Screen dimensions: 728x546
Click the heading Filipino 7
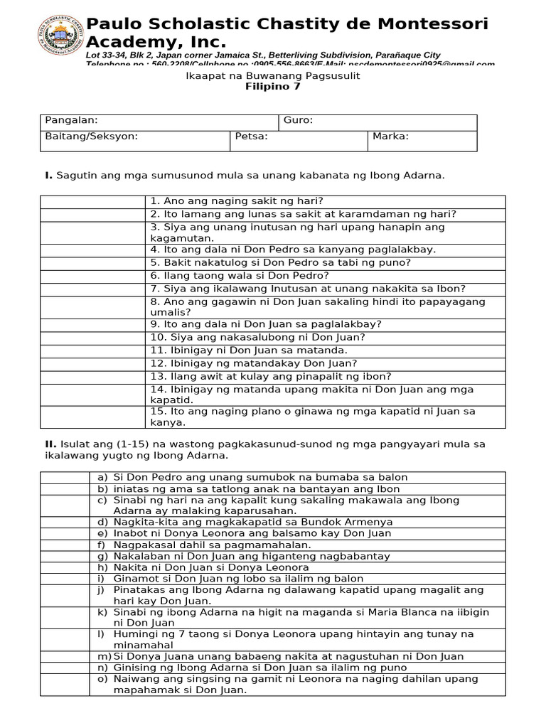(x=272, y=87)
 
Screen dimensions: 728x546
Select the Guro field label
(x=298, y=121)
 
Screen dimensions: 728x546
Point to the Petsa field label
(x=251, y=136)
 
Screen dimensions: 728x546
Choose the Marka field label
(x=390, y=136)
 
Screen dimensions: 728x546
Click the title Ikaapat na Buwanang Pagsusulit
(x=272, y=75)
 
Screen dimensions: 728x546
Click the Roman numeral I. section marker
(x=48, y=176)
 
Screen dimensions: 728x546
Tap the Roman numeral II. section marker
(x=50, y=444)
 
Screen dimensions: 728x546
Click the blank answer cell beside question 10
(x=92, y=337)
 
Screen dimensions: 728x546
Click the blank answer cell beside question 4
(x=92, y=250)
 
